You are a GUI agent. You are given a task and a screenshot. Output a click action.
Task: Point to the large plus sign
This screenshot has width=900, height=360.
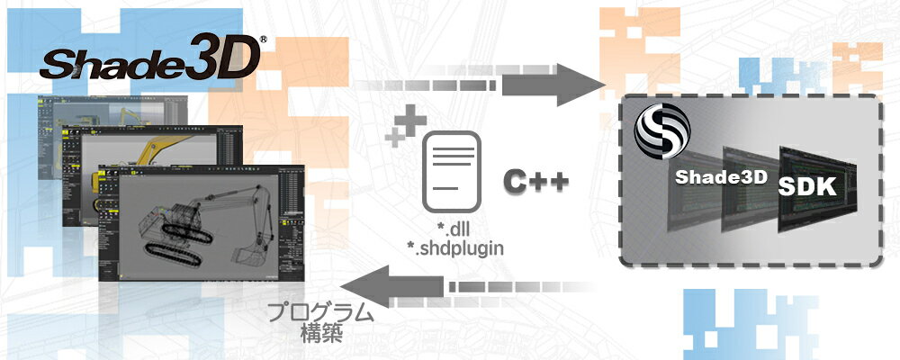[x=412, y=121]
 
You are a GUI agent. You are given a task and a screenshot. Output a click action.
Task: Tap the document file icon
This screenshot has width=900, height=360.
[x=452, y=171]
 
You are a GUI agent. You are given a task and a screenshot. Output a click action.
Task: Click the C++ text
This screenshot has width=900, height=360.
[x=535, y=182]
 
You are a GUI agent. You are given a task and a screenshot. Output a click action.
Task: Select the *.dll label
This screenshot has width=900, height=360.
[x=452, y=230]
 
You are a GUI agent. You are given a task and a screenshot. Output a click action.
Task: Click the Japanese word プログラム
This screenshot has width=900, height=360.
[x=321, y=313]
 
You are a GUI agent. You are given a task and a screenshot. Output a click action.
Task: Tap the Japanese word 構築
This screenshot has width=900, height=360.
[x=321, y=334]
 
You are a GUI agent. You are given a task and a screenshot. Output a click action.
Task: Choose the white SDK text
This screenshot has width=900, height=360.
[x=807, y=185]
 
